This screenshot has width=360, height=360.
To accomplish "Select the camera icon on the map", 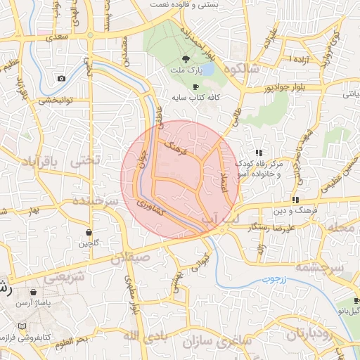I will (x=61, y=78).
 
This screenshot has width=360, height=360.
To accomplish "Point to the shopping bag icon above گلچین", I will (x=89, y=232).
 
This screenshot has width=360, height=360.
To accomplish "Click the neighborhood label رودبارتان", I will (x=314, y=331).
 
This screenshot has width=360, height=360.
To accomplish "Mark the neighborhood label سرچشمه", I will (x=319, y=268).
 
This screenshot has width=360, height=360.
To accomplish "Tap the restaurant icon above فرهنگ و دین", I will (x=295, y=200).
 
